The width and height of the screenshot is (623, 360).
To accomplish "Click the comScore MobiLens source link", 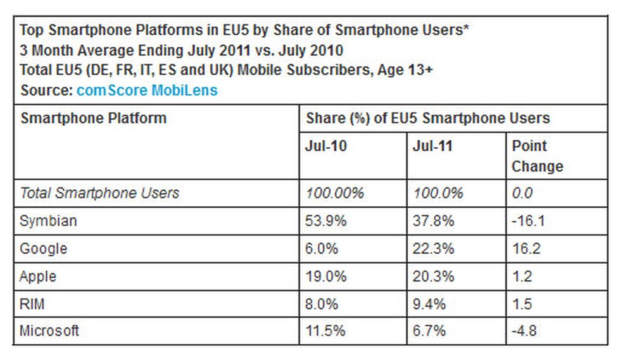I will [x=146, y=90].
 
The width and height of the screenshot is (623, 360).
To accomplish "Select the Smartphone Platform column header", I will [x=94, y=118].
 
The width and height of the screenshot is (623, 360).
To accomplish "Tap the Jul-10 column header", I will [x=327, y=146].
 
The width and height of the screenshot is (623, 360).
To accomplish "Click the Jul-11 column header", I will [x=433, y=146].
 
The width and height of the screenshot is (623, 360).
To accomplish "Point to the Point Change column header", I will [x=537, y=156].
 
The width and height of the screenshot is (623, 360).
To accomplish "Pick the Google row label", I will [x=43, y=249].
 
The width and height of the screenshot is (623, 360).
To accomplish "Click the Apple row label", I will [x=38, y=276].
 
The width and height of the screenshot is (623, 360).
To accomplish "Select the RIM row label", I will [x=32, y=304].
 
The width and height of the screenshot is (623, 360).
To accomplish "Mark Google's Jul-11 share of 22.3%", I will [x=433, y=249].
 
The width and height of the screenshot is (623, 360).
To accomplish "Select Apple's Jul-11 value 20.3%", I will [x=433, y=276].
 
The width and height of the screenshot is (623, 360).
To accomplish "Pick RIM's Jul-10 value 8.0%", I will [x=322, y=304].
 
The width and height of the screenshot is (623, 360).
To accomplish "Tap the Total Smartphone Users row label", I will [x=99, y=193].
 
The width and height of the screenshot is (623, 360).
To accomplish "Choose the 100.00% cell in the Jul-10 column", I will [x=335, y=193].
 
